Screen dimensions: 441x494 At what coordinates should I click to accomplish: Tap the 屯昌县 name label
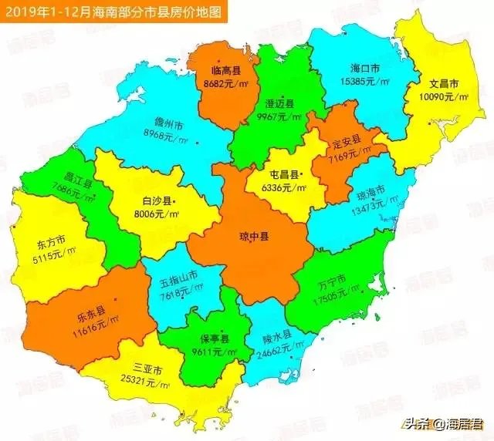tap(276, 175)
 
